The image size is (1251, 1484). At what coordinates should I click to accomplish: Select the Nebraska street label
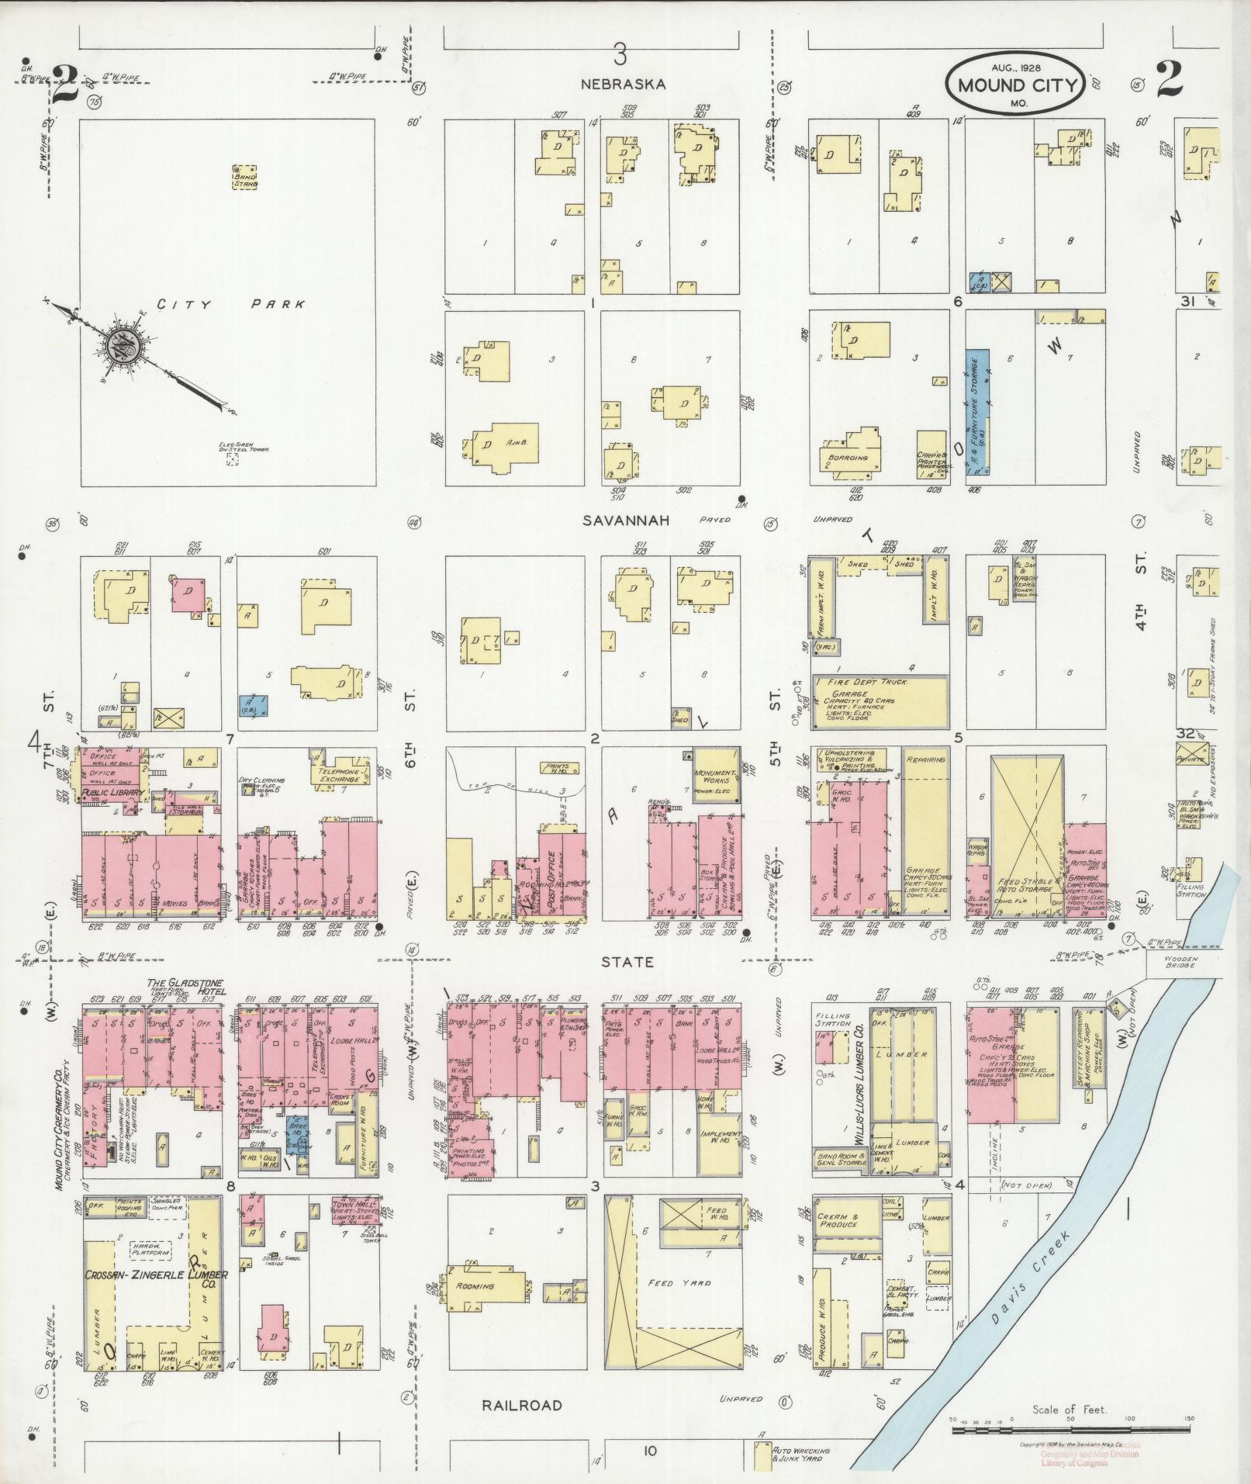coord(626,85)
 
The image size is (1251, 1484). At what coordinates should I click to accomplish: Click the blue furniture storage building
coord(978,412)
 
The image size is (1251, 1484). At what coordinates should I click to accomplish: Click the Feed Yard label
coord(679,1283)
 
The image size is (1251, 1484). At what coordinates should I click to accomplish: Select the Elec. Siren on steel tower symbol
coord(232,458)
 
